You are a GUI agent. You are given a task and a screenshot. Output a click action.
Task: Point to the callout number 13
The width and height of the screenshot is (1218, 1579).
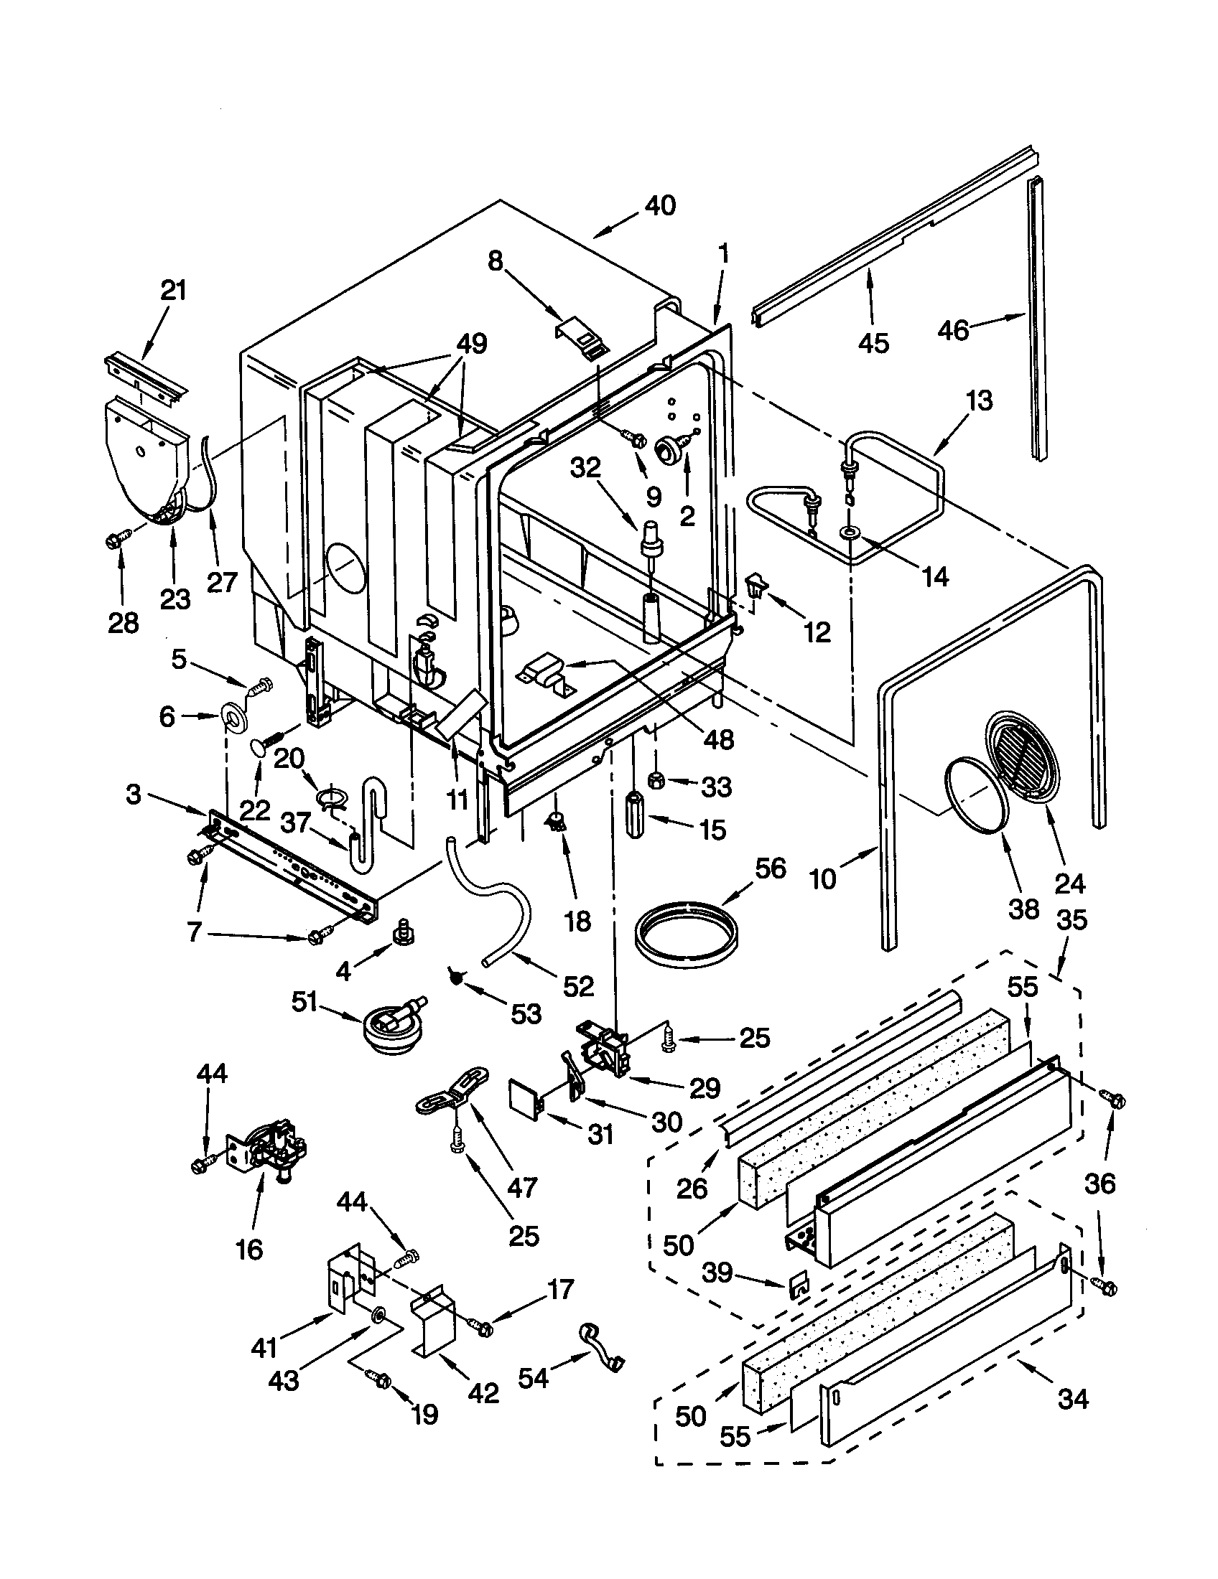tap(979, 400)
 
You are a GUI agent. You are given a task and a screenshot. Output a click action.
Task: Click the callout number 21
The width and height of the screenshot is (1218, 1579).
tap(173, 291)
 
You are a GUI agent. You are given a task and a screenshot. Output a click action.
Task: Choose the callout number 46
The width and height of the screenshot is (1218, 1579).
tap(952, 330)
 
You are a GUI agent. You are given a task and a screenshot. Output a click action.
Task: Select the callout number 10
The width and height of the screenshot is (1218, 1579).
tap(822, 879)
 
